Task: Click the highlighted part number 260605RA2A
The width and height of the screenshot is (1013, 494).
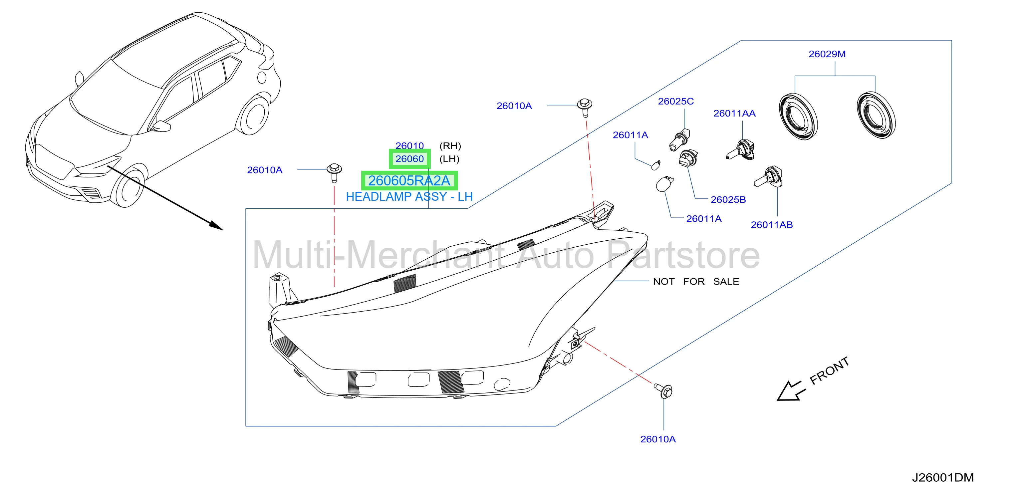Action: click(x=409, y=180)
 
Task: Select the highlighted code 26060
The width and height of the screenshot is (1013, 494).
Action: click(x=409, y=159)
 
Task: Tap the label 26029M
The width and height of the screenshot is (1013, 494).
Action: click(x=827, y=54)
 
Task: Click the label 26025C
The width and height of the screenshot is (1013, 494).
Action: click(x=675, y=102)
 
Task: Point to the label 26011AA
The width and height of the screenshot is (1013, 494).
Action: click(x=734, y=114)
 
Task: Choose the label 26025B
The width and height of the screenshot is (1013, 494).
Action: click(x=728, y=200)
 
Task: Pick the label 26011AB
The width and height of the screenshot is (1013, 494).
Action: click(x=772, y=225)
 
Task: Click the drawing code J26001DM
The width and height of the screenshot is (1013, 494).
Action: click(x=943, y=477)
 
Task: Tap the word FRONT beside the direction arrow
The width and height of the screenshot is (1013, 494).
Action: click(x=829, y=370)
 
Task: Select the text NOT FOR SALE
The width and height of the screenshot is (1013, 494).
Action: click(x=696, y=282)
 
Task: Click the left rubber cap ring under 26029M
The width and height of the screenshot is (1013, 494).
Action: click(x=798, y=117)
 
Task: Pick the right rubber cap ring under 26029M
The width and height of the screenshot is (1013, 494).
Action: click(x=876, y=115)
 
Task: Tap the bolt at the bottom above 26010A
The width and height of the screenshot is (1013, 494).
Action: click(x=664, y=390)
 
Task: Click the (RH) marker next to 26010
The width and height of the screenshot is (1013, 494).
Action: click(x=450, y=146)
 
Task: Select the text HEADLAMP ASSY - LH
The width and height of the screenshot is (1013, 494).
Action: click(x=409, y=197)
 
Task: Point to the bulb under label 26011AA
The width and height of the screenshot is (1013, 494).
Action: click(x=740, y=150)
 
